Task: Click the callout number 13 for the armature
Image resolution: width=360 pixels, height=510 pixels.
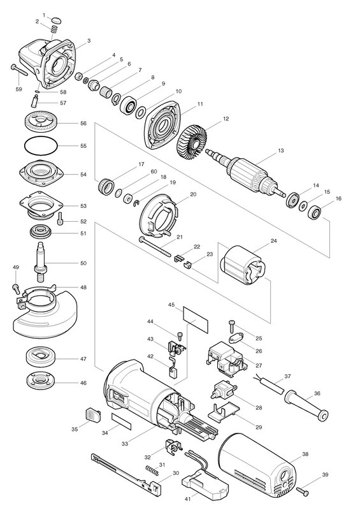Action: (281, 150)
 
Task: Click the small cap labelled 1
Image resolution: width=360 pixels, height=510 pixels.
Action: (57, 20)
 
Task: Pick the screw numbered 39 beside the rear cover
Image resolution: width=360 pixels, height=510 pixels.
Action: (302, 491)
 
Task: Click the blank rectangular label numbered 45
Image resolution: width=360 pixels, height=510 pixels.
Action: (196, 320)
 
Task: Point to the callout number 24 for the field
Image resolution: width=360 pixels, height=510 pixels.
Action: (273, 242)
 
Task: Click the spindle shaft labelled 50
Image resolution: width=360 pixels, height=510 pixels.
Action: (41, 262)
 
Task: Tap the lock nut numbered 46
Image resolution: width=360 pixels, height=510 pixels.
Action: (41, 381)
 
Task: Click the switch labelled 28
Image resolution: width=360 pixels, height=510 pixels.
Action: (224, 390)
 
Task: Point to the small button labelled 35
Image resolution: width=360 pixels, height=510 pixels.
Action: (92, 415)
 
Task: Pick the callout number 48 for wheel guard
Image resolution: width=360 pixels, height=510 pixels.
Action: (83, 288)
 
